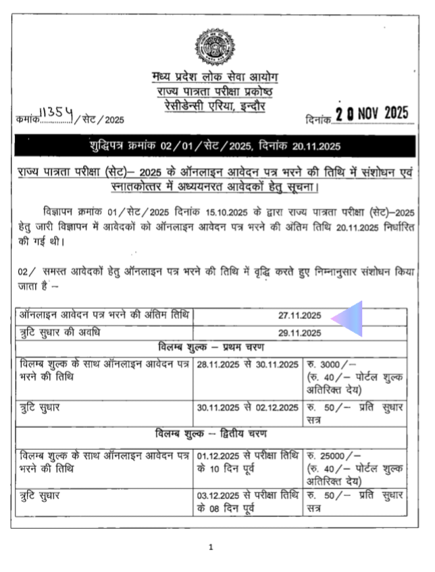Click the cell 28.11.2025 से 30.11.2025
(x=247, y=365)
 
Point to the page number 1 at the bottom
(x=211, y=547)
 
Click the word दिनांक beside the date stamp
(x=318, y=119)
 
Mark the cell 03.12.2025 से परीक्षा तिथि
(x=247, y=496)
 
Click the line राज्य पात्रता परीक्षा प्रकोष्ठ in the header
(x=215, y=90)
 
